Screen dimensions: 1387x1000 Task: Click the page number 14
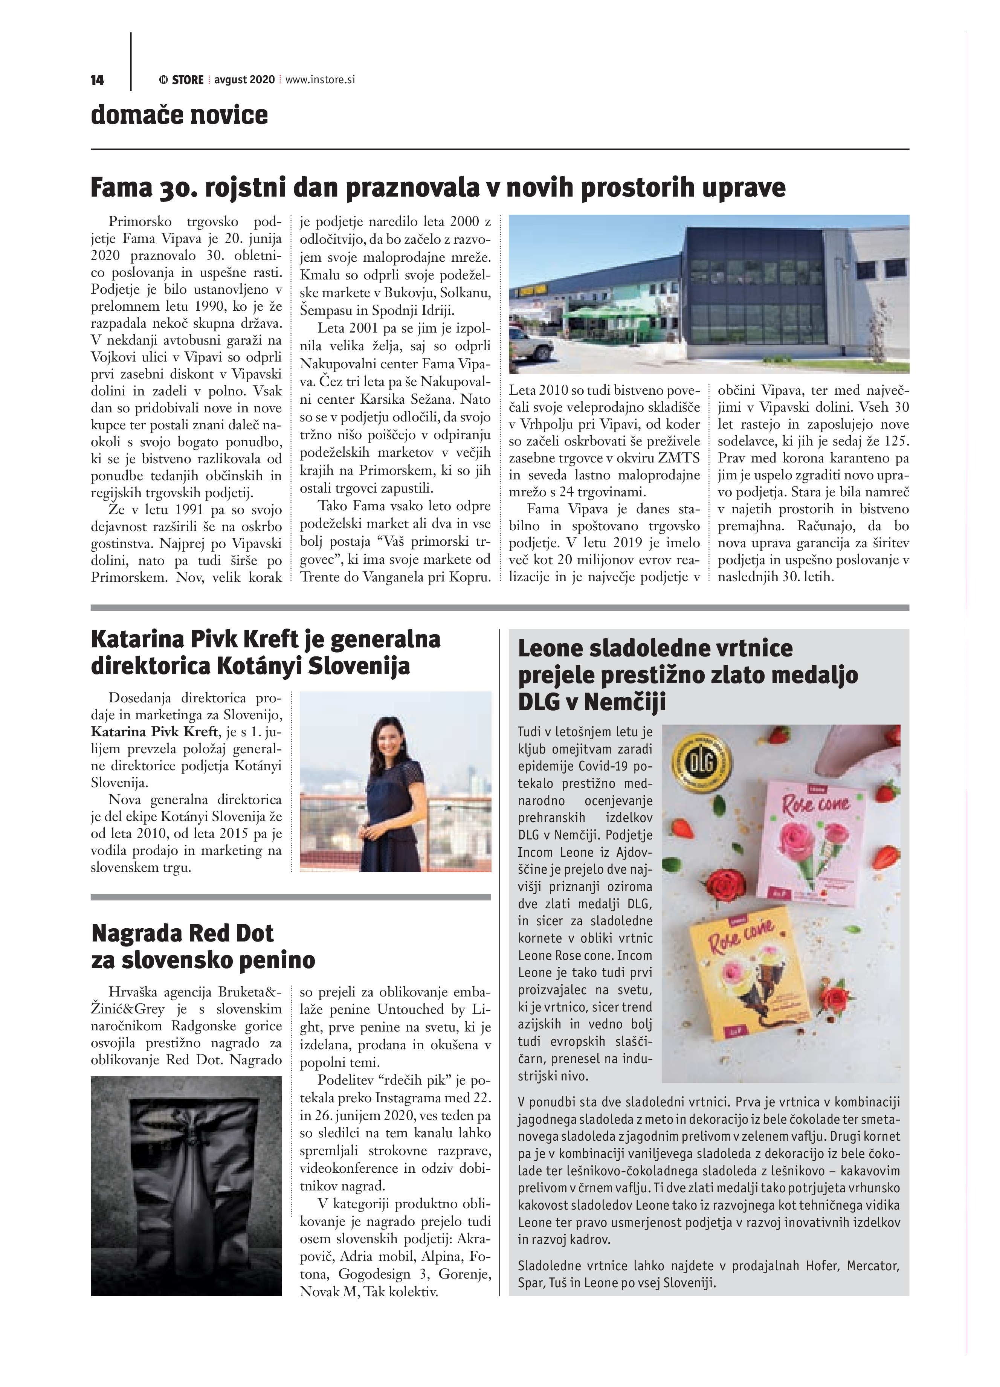point(97,80)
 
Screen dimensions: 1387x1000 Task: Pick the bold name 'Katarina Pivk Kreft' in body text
point(154,731)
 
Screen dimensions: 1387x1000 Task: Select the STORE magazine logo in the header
point(182,79)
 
